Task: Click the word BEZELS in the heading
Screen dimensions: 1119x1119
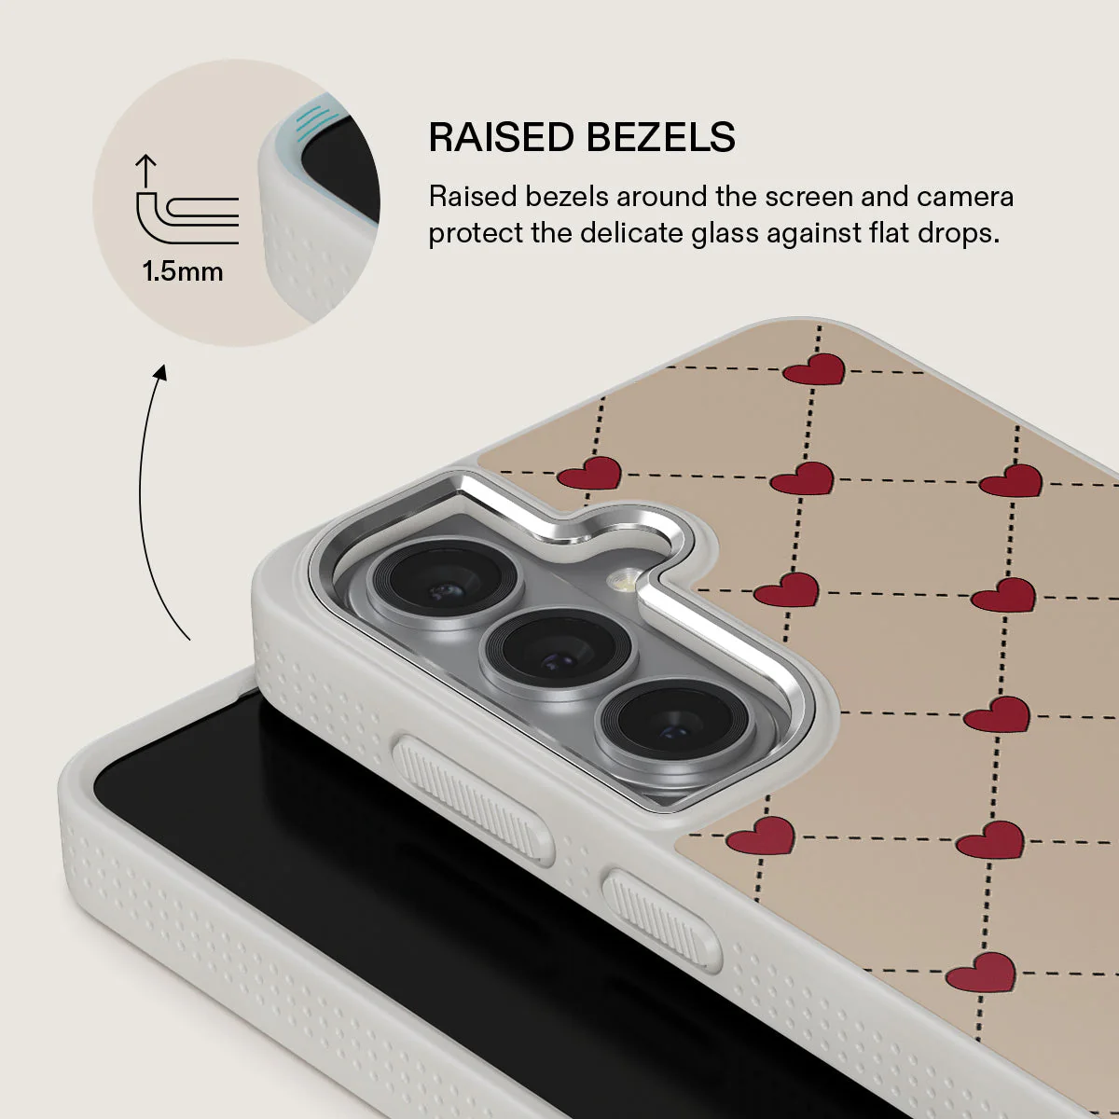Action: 660,137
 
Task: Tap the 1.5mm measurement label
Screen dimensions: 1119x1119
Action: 183,271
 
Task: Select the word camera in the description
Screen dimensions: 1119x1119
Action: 965,197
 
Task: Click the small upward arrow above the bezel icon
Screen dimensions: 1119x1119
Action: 145,170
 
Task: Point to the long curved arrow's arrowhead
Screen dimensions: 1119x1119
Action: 161,373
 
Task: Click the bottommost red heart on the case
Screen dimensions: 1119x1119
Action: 981,973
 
